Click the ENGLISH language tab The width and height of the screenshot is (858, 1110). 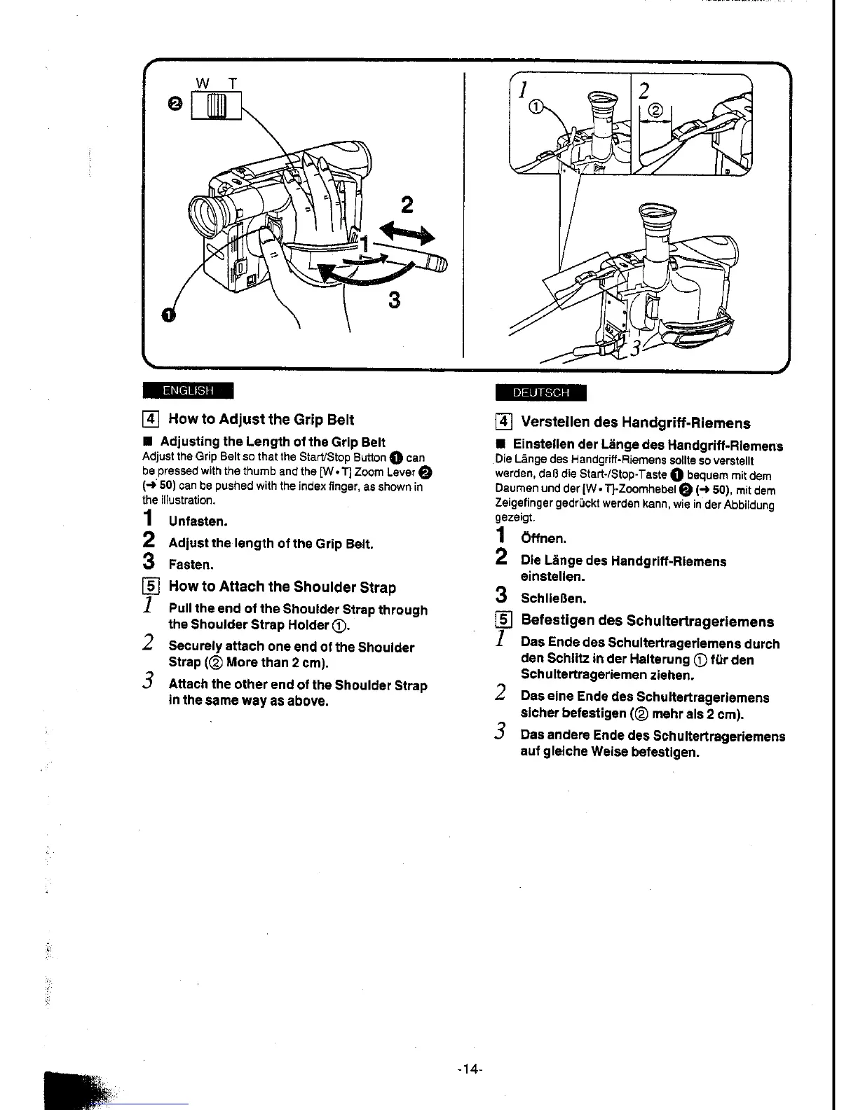(x=187, y=390)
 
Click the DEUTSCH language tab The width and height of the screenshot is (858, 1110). (x=540, y=393)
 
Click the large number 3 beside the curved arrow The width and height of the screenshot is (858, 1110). (x=394, y=301)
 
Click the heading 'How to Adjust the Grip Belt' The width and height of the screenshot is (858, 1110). (x=261, y=420)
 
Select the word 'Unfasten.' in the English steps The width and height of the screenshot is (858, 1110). (x=198, y=522)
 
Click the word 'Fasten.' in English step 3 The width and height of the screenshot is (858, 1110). (x=191, y=565)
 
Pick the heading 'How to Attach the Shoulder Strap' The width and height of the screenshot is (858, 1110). (x=282, y=587)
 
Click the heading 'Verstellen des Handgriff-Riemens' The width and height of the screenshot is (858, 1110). (x=635, y=423)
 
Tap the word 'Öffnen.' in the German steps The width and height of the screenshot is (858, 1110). (x=543, y=539)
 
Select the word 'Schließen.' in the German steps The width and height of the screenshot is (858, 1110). (x=553, y=598)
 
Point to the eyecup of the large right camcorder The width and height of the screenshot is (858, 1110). (x=660, y=219)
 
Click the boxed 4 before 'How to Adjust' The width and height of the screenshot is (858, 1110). (x=152, y=420)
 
